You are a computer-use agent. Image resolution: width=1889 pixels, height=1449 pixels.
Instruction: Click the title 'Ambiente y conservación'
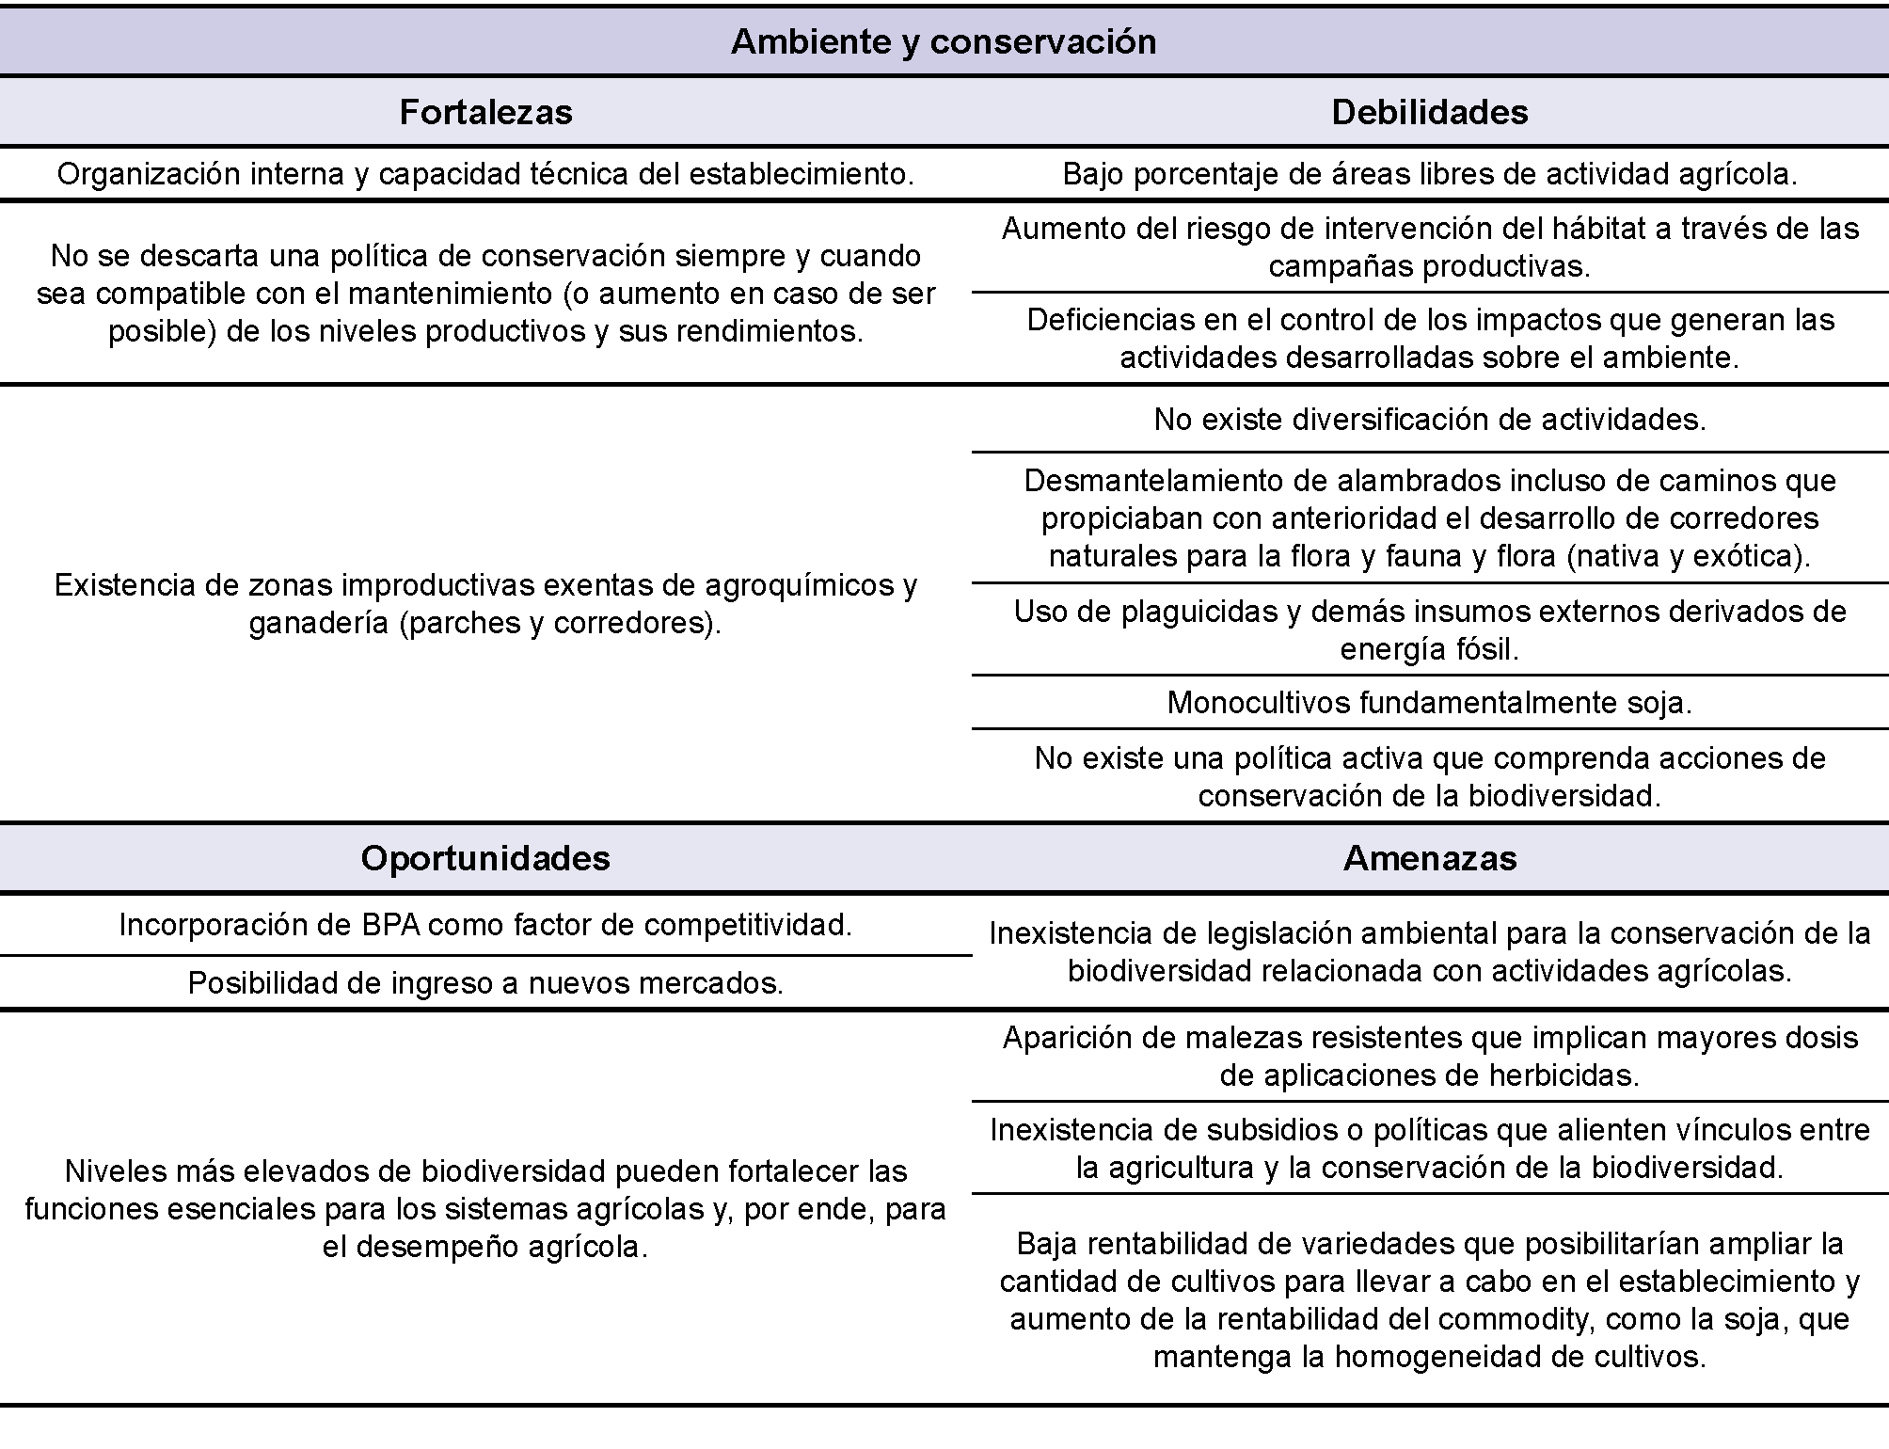click(944, 42)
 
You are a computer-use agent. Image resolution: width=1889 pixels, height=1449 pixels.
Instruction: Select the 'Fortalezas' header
click(485, 113)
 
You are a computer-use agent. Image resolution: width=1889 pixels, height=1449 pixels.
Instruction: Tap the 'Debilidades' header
click(1429, 113)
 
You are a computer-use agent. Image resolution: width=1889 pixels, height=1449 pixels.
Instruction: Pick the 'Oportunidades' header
click(485, 858)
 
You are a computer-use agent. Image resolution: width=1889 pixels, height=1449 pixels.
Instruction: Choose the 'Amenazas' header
click(1429, 858)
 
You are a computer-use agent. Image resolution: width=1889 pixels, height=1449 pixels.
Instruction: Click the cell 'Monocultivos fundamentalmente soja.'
click(1429, 703)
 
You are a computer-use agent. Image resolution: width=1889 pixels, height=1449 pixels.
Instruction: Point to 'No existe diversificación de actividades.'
click(1429, 420)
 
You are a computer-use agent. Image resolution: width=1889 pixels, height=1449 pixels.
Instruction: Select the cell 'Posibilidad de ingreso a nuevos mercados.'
click(485, 983)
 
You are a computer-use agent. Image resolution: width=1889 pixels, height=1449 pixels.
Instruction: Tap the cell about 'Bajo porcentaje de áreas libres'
click(1429, 175)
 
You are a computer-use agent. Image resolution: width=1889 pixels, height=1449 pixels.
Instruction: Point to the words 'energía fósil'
click(1429, 650)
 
